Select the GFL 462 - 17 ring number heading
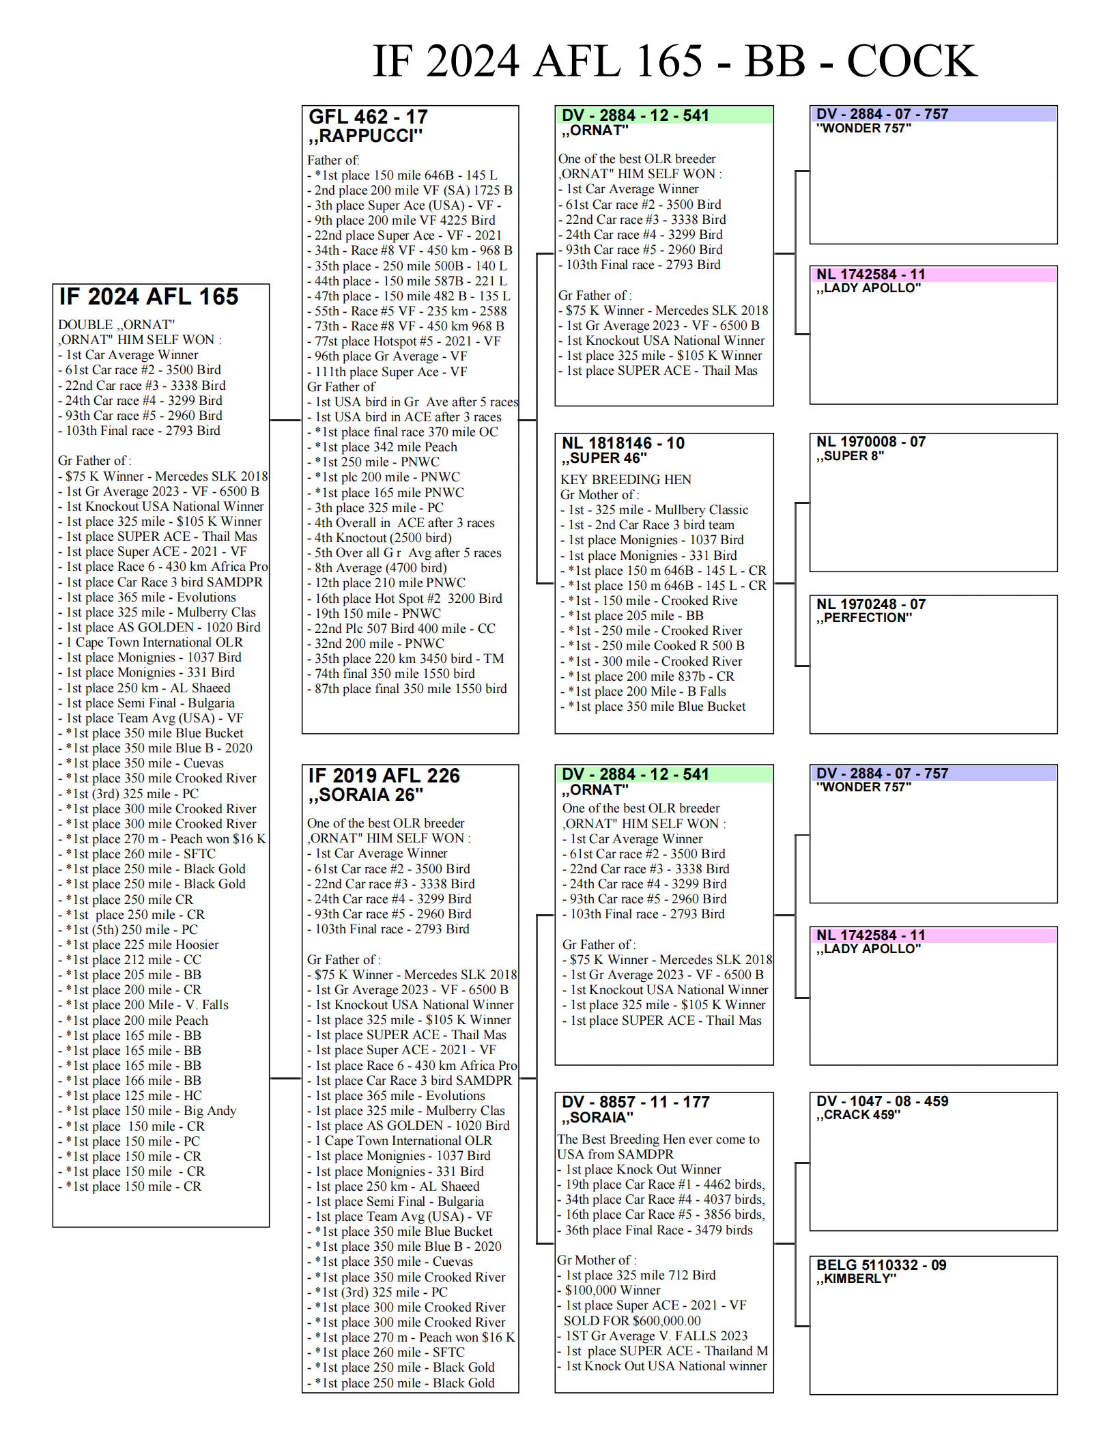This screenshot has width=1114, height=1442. coord(368,117)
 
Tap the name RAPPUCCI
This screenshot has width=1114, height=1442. coord(366,136)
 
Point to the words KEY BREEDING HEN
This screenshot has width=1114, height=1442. coord(625,479)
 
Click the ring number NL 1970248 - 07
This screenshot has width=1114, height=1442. coord(870,604)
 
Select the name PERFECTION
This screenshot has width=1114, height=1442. coord(863,618)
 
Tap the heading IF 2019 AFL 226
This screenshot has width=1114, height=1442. coord(384,776)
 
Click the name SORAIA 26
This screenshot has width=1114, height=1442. coord(366,795)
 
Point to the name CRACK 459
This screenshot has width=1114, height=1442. coord(858,1115)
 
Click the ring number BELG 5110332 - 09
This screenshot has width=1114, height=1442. coord(881,1265)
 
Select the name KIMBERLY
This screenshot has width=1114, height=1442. coord(856,1279)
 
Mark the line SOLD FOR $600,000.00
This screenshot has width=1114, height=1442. coord(631,1320)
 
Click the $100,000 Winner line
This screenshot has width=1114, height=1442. coord(612,1290)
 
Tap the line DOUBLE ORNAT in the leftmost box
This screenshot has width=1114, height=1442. coord(116,325)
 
